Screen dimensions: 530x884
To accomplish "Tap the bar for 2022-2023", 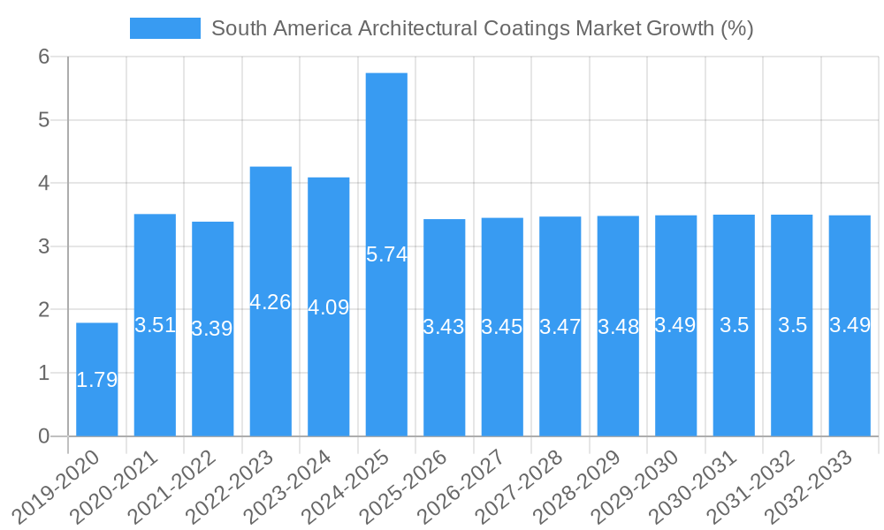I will [x=271, y=230].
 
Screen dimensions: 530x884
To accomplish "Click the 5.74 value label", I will [x=386, y=254].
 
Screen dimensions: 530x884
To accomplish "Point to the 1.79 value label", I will [x=96, y=380].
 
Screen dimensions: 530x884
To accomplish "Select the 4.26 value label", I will [x=271, y=302].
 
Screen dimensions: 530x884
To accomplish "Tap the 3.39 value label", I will [x=212, y=329].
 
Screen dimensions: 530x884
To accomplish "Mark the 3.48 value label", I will [x=618, y=326].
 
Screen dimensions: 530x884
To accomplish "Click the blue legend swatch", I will [x=164, y=28].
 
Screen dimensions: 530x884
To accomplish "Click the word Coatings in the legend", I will [x=527, y=28].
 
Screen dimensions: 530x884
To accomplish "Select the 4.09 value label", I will [x=329, y=307].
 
